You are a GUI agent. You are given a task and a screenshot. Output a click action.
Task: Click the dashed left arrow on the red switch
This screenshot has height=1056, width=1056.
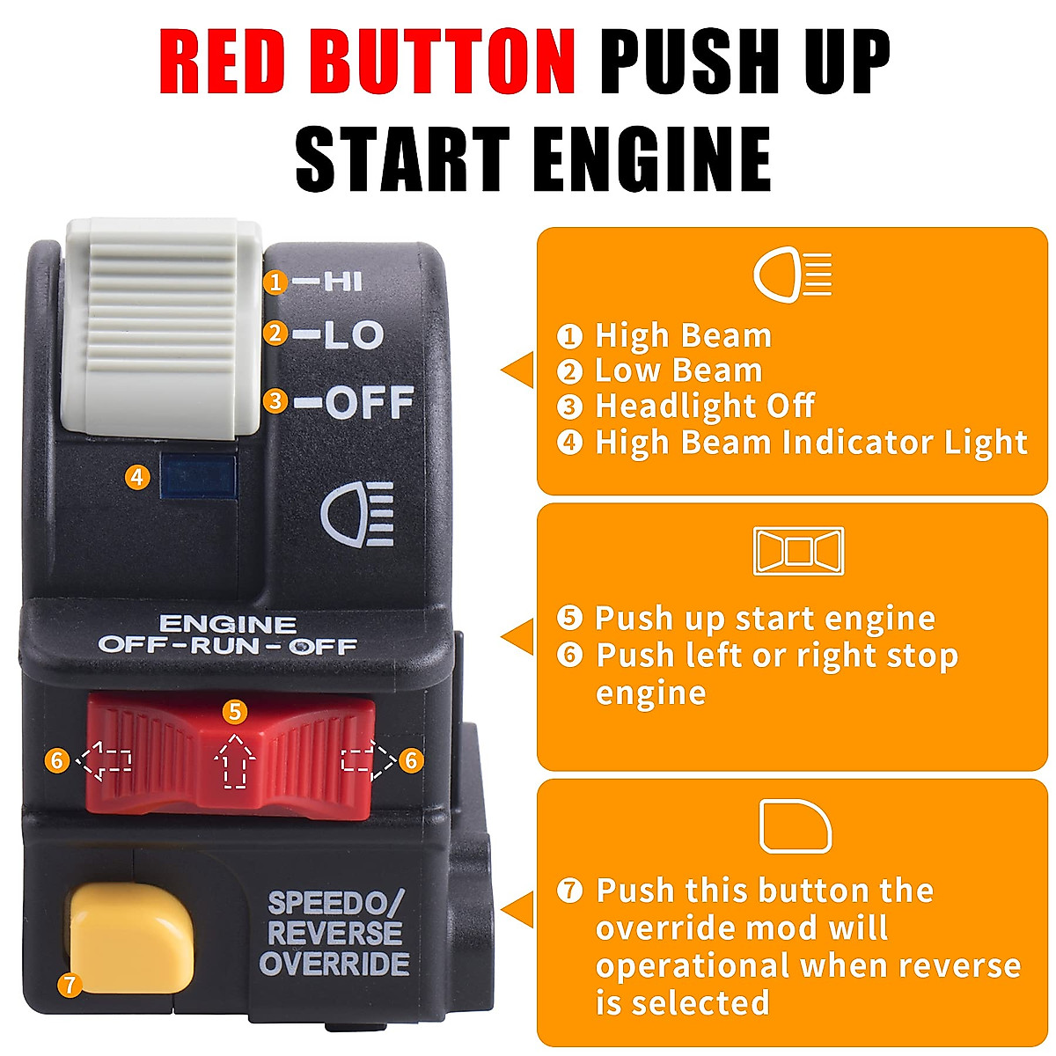105,760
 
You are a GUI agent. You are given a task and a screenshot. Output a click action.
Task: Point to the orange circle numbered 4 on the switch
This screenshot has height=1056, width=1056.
136,477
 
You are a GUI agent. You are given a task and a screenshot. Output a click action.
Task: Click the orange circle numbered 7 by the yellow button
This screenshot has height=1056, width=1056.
70,984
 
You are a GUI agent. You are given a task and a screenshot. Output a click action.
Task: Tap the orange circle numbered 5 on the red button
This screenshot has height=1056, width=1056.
234,711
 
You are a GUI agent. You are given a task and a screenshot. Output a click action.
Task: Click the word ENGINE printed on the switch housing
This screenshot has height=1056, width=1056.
227,624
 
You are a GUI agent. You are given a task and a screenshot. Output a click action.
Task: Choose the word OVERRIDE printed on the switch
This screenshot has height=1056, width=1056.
334,964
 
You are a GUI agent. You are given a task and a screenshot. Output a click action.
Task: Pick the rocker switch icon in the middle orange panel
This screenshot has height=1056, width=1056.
798,551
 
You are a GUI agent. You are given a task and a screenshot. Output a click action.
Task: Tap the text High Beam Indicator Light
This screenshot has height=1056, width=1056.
810,442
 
